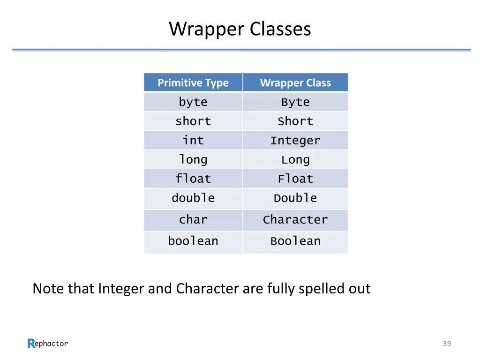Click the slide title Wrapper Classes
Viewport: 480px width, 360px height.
240,29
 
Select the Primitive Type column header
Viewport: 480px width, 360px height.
193,83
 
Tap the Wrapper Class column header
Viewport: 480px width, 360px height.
295,83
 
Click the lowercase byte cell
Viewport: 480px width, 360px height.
193,102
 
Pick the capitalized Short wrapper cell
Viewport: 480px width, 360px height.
295,121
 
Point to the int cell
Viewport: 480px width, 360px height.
193,141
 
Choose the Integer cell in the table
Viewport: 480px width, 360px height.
295,141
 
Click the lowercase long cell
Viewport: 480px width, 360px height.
193,160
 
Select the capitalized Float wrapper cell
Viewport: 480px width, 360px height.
295,179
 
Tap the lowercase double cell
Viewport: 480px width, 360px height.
193,198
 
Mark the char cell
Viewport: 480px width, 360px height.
193,220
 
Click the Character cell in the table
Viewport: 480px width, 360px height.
295,220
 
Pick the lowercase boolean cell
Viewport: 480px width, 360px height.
193,241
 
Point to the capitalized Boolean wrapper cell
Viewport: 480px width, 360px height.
295,241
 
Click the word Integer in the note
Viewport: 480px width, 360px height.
121,289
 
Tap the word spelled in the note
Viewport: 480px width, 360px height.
322,289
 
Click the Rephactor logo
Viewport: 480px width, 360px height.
48,344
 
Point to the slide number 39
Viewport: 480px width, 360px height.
447,344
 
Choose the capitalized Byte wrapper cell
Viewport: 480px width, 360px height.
295,102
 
